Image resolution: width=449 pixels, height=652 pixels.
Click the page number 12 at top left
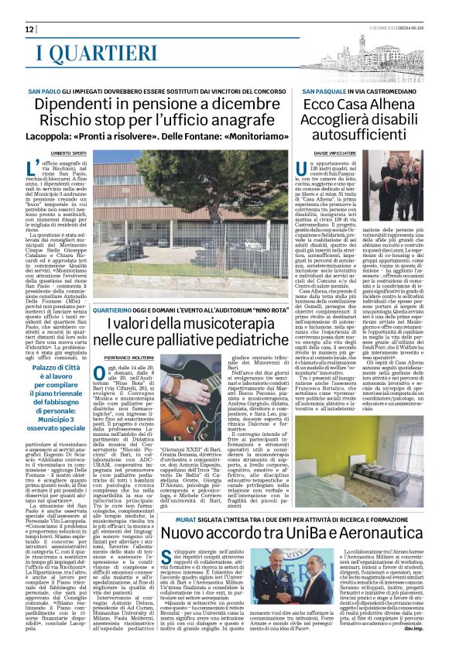click(17, 29)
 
